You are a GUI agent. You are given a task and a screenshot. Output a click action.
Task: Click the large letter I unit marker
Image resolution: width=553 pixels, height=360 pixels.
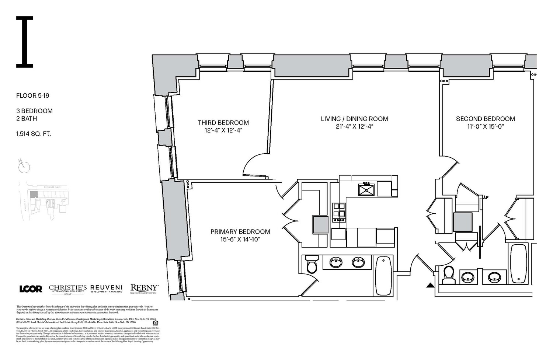pos(24,42)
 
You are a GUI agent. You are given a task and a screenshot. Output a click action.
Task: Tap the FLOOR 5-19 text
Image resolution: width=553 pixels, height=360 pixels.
pos(33,96)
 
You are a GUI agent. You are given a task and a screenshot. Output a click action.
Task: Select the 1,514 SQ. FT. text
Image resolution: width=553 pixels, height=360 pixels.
pos(34,134)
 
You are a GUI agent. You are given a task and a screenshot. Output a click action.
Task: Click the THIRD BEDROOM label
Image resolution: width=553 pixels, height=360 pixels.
pos(223,123)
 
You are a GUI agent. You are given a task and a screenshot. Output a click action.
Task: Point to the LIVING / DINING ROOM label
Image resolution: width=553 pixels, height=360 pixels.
pos(354,119)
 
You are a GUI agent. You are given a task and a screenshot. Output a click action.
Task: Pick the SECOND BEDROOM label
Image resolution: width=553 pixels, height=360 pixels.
pos(485,119)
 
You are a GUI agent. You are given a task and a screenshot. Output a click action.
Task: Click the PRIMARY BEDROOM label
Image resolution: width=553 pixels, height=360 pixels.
pos(240,232)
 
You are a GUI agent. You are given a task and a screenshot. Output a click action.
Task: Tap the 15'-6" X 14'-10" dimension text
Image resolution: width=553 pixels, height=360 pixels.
pos(240,240)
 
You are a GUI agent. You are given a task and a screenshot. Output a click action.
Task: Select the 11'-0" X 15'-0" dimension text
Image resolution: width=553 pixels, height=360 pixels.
pos(485,126)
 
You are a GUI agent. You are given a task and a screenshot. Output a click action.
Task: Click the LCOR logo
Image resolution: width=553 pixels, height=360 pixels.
pos(31,289)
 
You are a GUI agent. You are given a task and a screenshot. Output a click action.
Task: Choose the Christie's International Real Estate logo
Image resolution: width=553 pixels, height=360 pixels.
pos(68,289)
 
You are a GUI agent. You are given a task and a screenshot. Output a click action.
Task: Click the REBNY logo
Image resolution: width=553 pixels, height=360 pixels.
pos(145,289)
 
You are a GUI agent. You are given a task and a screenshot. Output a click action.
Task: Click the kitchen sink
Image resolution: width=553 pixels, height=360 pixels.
pos(366,189)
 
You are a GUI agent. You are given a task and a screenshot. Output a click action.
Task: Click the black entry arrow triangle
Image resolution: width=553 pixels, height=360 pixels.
pos(430,285)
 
